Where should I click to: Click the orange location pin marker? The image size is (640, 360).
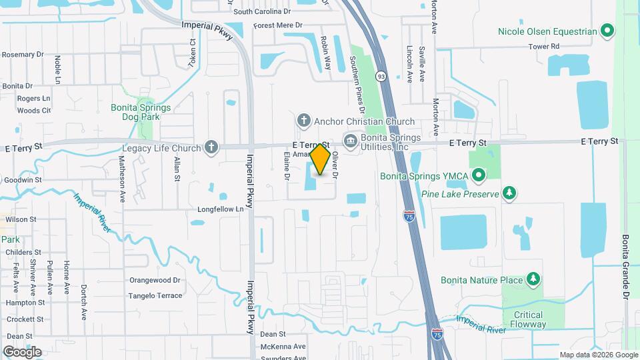(321, 159)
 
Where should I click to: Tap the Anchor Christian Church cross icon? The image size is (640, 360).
(304, 121)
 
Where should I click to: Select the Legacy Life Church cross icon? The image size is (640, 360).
(211, 147)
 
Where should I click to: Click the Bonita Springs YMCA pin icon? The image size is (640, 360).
(478, 176)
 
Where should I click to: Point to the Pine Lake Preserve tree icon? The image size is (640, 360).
(509, 193)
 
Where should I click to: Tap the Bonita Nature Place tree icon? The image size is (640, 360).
(533, 279)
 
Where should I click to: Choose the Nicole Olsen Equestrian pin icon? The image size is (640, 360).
(607, 31)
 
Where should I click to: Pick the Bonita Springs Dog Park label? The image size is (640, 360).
(141, 111)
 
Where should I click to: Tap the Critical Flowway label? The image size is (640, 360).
(528, 319)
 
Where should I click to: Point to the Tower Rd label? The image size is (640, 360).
(543, 47)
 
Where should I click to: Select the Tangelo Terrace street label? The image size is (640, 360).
(155, 295)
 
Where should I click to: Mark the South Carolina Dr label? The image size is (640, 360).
(262, 11)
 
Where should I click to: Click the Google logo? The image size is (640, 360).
(21, 351)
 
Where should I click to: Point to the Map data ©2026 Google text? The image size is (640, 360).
(598, 355)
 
